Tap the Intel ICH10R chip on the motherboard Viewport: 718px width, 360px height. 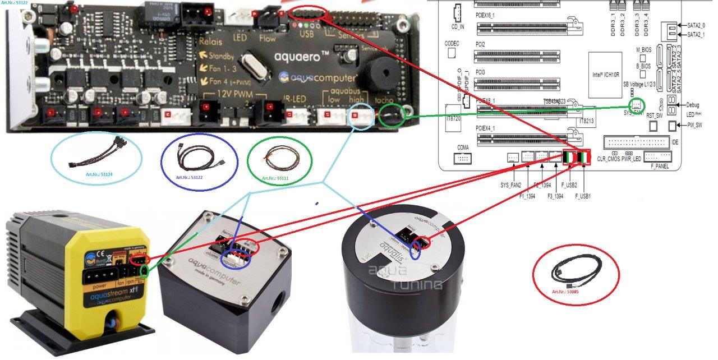[604, 76]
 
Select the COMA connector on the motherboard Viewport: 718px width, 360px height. [463, 159]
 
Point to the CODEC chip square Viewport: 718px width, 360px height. [452, 52]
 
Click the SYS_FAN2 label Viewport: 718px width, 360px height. [510, 185]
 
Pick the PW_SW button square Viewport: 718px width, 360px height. [674, 125]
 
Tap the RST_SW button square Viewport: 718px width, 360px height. [652, 126]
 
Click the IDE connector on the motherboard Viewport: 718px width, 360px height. [636, 142]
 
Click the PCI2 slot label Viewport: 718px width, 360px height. [480, 44]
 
